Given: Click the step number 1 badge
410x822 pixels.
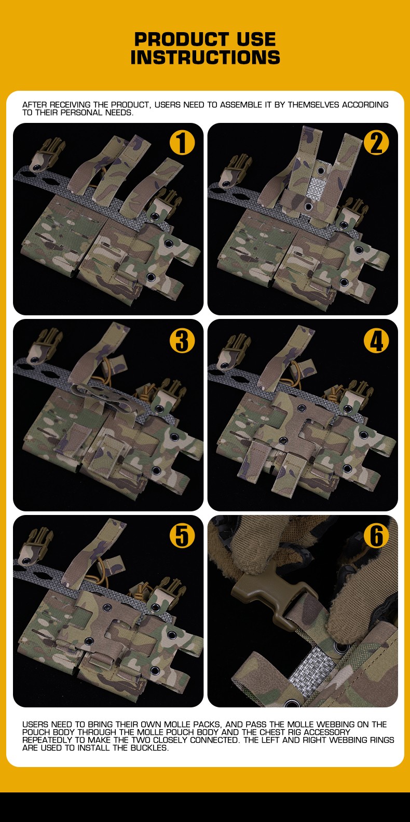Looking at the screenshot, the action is [182, 143].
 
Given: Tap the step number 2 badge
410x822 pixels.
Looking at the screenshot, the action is [376, 143].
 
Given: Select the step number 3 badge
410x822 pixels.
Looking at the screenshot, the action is [182, 341].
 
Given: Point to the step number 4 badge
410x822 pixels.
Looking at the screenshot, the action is [376, 341].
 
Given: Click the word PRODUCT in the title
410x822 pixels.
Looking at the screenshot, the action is [182, 39].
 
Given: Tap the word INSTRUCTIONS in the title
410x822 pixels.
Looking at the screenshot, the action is [205, 58].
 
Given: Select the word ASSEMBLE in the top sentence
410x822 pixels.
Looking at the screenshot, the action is [240, 105].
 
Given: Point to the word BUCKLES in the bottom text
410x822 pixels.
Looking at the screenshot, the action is [149, 747].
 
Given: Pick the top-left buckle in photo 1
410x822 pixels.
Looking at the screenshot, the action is [47, 156].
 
